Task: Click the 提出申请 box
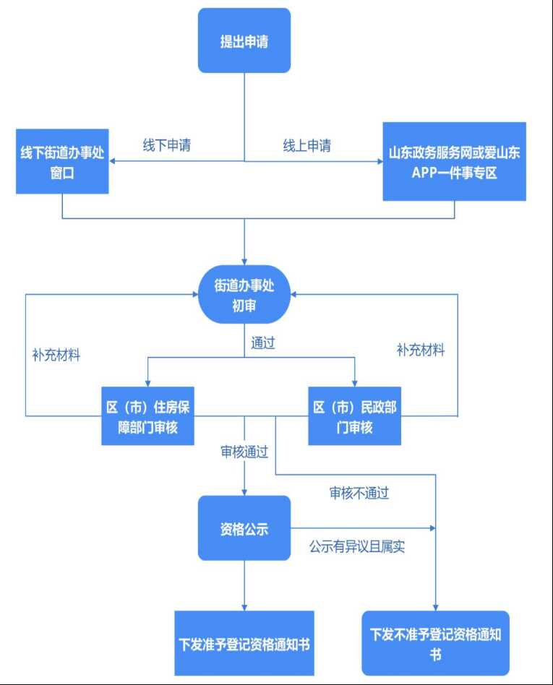(244, 40)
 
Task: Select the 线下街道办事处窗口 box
(62, 161)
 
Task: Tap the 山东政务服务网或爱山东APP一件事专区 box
(454, 161)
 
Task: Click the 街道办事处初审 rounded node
(244, 295)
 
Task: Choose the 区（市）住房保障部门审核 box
(147, 416)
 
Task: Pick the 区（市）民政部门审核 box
(354, 416)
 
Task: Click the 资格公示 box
(244, 528)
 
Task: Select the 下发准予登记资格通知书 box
(244, 643)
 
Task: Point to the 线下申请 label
(166, 145)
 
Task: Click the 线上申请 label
(306, 145)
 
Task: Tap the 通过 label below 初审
(263, 342)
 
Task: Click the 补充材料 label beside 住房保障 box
(56, 356)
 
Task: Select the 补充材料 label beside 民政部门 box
(421, 350)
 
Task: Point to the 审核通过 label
(244, 452)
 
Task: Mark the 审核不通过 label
(359, 494)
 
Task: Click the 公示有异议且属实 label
(357, 546)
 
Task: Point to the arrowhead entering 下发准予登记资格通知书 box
(244, 607)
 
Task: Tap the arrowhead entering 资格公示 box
(244, 491)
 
